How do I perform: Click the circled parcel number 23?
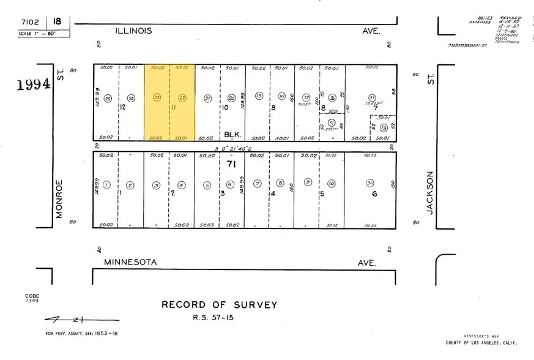[x=157, y=97]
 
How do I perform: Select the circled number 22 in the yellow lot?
[x=182, y=97]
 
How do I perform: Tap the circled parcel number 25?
[x=108, y=98]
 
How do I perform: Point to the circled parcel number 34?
[x=370, y=184]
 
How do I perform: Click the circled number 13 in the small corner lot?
[x=384, y=127]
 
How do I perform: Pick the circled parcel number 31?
[x=332, y=122]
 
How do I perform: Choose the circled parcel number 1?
[x=106, y=185]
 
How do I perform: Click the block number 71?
[x=231, y=164]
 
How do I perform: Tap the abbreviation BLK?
[x=232, y=134]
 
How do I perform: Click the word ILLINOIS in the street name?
[x=134, y=30]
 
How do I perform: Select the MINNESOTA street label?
[x=130, y=262]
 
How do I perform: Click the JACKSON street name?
[x=430, y=192]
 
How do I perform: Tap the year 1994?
[x=34, y=84]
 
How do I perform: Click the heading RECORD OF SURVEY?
[x=219, y=305]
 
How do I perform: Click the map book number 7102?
[x=30, y=21]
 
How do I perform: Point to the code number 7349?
[x=32, y=301]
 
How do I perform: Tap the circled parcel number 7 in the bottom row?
[x=258, y=184]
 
